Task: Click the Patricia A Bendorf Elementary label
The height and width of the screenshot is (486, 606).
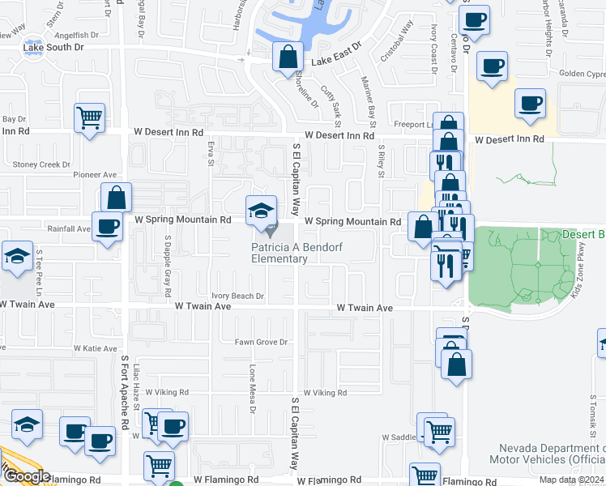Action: pyautogui.click(x=279, y=253)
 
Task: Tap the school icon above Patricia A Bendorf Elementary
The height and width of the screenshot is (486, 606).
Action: pyautogui.click(x=261, y=211)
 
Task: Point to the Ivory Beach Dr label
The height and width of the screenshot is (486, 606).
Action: pyautogui.click(x=237, y=296)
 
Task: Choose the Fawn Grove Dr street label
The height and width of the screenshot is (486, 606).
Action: pyautogui.click(x=261, y=342)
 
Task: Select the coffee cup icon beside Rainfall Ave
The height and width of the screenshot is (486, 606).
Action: pyautogui.click(x=107, y=227)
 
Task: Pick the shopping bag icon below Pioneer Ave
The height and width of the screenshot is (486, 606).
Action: pyautogui.click(x=117, y=198)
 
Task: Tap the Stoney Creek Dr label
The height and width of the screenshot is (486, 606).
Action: pyautogui.click(x=42, y=164)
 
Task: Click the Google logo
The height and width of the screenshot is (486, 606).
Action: pyautogui.click(x=26, y=476)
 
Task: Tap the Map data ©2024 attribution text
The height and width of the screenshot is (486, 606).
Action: pyautogui.click(x=572, y=480)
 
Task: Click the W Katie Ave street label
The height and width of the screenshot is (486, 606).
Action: pyautogui.click(x=96, y=348)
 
